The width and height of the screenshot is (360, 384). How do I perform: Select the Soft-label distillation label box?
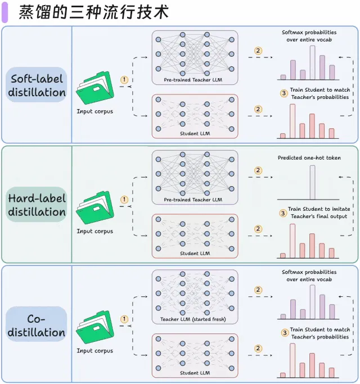click(37, 85)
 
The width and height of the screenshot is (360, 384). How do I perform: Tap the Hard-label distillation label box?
click(37, 205)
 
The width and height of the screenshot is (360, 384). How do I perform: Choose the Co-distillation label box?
click(37, 324)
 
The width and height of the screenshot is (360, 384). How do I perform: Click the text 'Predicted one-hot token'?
click(309, 158)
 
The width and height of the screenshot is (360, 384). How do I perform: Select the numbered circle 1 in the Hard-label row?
click(124, 199)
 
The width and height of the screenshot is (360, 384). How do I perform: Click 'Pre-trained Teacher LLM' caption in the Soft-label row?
click(193, 80)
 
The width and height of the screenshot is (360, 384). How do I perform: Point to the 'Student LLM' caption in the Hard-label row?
click(193, 254)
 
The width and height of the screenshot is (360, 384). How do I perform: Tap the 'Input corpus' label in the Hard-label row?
click(94, 231)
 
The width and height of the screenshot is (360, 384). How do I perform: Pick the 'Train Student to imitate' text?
click(318, 209)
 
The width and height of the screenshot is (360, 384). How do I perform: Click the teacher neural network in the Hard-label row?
click(195, 173)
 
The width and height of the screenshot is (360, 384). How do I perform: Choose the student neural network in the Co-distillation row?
click(195, 353)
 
